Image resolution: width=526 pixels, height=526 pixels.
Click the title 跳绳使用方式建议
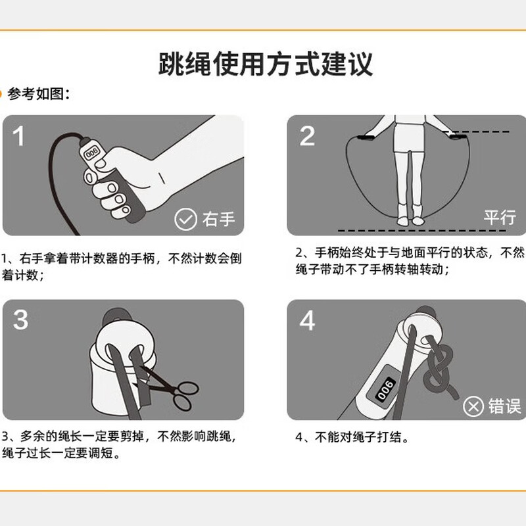pyautogui.click(x=266, y=64)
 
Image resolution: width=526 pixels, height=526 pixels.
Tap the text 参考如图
pyautogui.click(x=36, y=93)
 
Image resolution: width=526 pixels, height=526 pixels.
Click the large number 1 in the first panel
pyautogui.click(x=19, y=136)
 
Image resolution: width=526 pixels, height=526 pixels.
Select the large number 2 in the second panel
pyautogui.click(x=307, y=136)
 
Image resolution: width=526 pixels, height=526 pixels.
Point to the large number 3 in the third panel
pyautogui.click(x=20, y=320)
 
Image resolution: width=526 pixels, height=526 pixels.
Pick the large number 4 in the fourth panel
pyautogui.click(x=307, y=320)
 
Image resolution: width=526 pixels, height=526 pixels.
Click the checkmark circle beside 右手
pyautogui.click(x=185, y=219)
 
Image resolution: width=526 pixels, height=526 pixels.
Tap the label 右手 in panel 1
pyautogui.click(x=218, y=219)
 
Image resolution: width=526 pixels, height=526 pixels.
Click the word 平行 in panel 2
pyautogui.click(x=500, y=217)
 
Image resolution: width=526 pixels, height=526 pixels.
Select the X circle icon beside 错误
pyautogui.click(x=473, y=406)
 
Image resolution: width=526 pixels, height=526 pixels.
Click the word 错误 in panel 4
pyautogui.click(x=504, y=406)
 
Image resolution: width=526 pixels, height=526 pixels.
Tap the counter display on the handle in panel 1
pyautogui.click(x=91, y=154)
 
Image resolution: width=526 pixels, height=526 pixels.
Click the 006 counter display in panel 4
pyautogui.click(x=385, y=389)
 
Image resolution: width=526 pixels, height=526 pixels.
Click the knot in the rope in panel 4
pyautogui.click(x=438, y=371)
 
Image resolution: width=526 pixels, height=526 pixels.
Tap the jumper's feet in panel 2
pyautogui.click(x=410, y=220)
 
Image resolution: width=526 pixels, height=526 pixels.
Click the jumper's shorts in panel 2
pyautogui.click(x=409, y=137)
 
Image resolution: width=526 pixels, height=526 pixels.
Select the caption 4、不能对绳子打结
pyautogui.click(x=352, y=437)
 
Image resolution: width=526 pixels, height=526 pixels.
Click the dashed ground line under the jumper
pyautogui.click(x=422, y=231)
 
